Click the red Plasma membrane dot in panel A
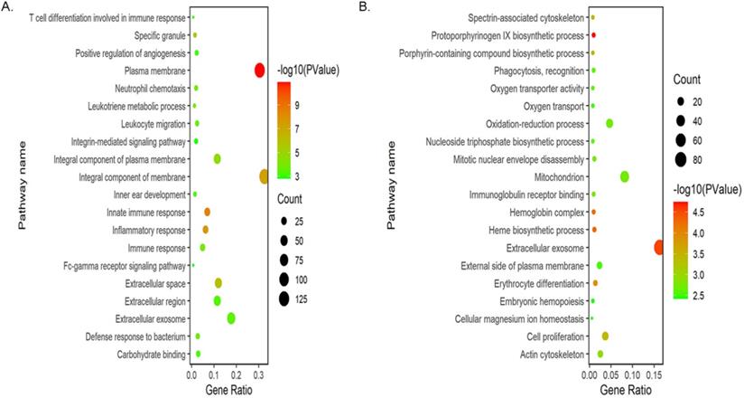(x=260, y=71)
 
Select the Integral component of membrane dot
(x=265, y=176)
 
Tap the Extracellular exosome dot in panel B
(x=659, y=247)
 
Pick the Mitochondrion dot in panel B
(x=625, y=177)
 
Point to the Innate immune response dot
(x=207, y=212)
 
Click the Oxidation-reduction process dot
(x=609, y=123)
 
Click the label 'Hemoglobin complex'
(x=544, y=212)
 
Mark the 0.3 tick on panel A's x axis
(x=258, y=374)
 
